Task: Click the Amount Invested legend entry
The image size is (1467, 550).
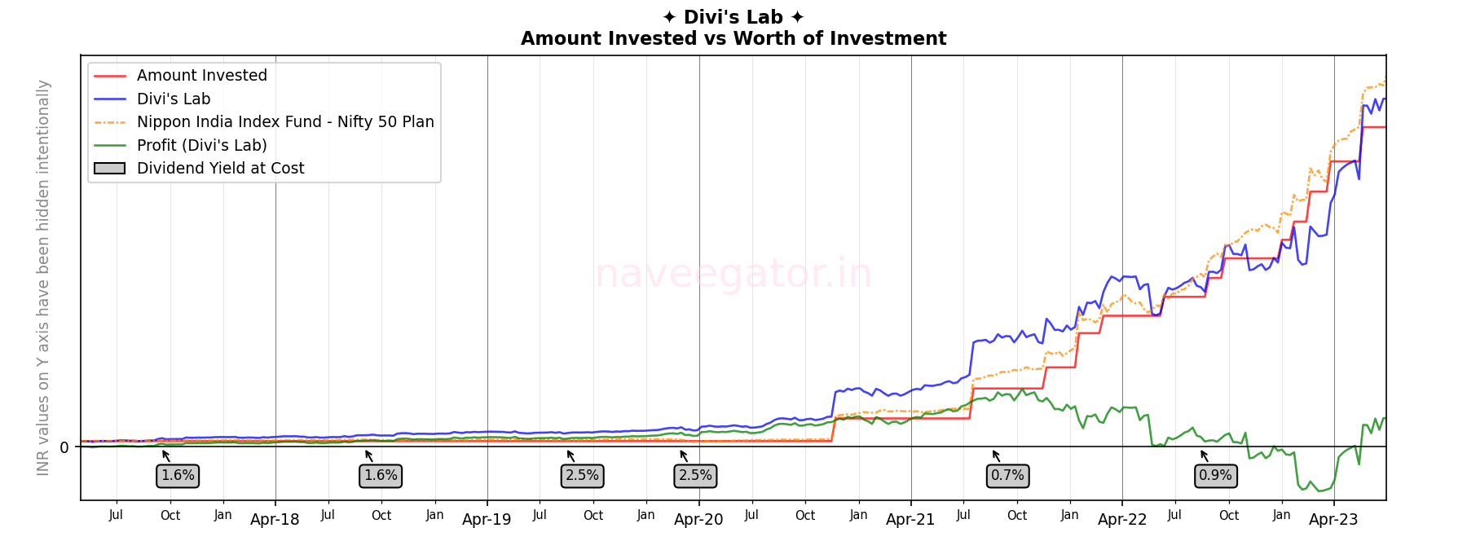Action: [201, 76]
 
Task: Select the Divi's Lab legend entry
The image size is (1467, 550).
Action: [173, 99]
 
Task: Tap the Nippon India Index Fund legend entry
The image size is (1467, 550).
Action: [284, 122]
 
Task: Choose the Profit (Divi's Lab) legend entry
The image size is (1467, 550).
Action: [201, 146]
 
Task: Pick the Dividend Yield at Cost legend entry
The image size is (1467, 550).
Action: [220, 169]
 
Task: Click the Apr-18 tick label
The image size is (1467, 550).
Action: [275, 520]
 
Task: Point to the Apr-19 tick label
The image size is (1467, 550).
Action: [487, 520]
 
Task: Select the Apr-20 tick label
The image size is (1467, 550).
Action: [698, 520]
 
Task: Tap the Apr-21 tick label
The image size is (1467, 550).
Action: [910, 520]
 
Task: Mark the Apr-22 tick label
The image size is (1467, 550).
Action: [1122, 520]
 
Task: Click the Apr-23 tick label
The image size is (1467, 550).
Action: [1333, 520]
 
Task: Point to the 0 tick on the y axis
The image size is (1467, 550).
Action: [64, 447]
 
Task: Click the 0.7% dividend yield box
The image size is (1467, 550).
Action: [1007, 476]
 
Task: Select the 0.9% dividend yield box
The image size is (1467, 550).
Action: [1215, 476]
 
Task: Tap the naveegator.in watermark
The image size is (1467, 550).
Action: [733, 274]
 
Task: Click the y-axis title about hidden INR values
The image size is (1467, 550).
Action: [43, 277]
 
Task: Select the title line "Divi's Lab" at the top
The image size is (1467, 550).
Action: [733, 17]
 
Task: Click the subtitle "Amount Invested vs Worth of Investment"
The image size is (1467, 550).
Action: [733, 38]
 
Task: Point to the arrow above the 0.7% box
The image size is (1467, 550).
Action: [996, 455]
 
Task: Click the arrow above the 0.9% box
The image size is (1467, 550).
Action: [1204, 455]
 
